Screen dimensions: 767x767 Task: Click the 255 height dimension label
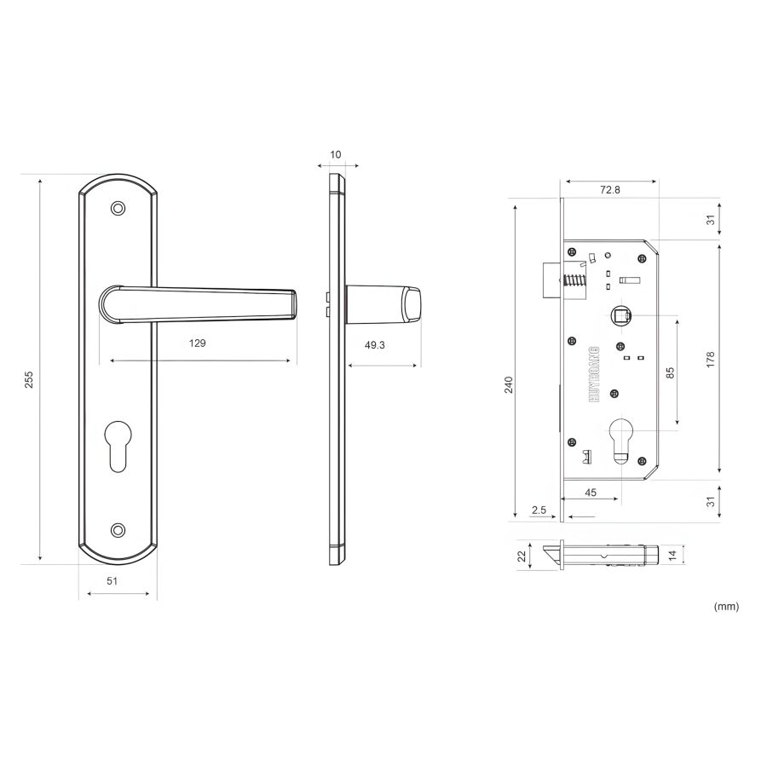(29, 379)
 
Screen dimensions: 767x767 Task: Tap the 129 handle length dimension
(197, 343)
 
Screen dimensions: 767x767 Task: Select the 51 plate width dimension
(112, 580)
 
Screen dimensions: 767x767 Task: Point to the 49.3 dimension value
(375, 345)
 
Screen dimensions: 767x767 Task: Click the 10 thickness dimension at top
(336, 154)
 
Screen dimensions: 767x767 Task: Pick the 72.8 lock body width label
(610, 190)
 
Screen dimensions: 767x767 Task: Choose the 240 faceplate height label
(510, 384)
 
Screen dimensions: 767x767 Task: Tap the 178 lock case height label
(710, 359)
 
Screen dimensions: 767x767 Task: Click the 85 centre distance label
(670, 372)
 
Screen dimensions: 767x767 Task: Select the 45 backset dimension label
(591, 493)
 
